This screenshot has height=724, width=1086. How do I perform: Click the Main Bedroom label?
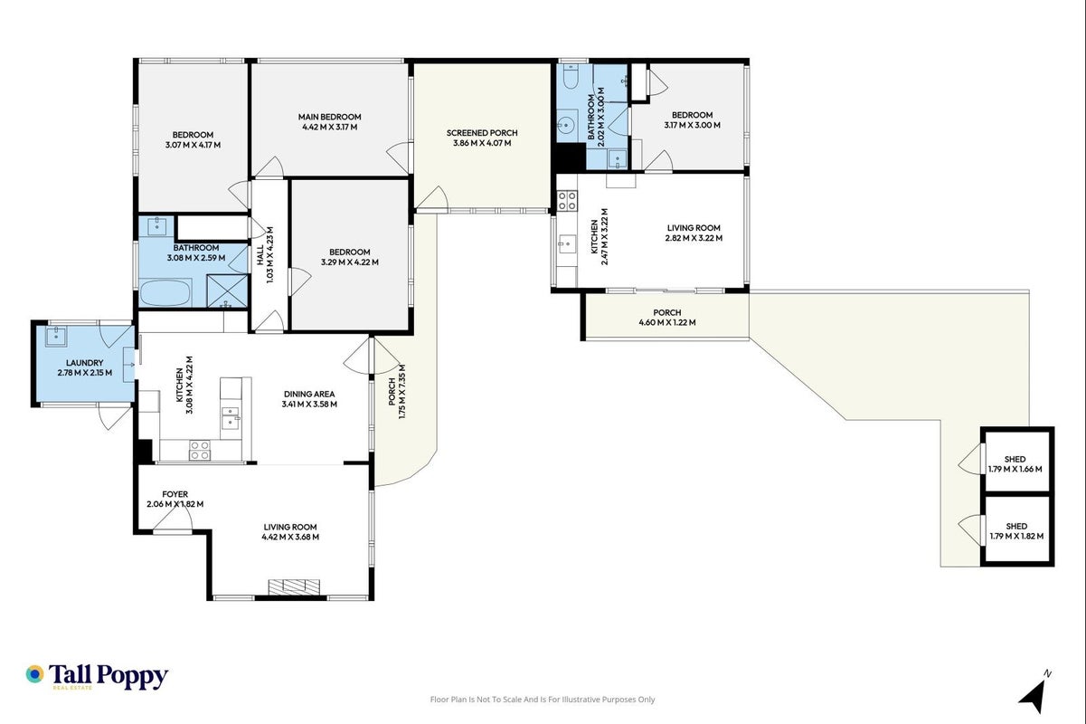coord(330,122)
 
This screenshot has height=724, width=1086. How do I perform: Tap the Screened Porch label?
coord(482,138)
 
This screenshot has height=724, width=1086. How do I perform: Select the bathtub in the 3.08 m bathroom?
coord(165,292)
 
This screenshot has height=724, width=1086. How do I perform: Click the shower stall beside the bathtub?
coord(227,291)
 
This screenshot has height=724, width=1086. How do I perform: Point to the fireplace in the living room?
coord(294,586)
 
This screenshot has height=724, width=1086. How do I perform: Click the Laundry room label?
coord(85,367)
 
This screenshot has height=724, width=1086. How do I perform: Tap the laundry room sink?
coord(56,336)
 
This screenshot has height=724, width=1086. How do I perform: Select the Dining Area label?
coord(309,399)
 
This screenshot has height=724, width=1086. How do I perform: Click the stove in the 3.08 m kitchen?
coord(200,450)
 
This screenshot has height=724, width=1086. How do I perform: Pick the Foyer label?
coord(175,499)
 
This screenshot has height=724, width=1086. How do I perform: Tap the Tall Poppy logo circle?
coord(35,674)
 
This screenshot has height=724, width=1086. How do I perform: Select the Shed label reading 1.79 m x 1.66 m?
coord(1015,464)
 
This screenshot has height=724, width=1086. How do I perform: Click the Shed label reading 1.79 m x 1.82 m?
coord(1016,531)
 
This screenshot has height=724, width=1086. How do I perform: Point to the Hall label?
coord(265,255)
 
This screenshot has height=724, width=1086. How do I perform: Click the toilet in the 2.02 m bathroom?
coord(571,77)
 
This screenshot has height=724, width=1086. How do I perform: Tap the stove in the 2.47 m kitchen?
coord(567,200)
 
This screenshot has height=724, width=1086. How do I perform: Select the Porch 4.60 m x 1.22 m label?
coord(667,318)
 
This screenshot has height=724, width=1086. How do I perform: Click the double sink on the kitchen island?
coord(231,418)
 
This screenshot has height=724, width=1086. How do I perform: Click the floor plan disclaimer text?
coord(543,700)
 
